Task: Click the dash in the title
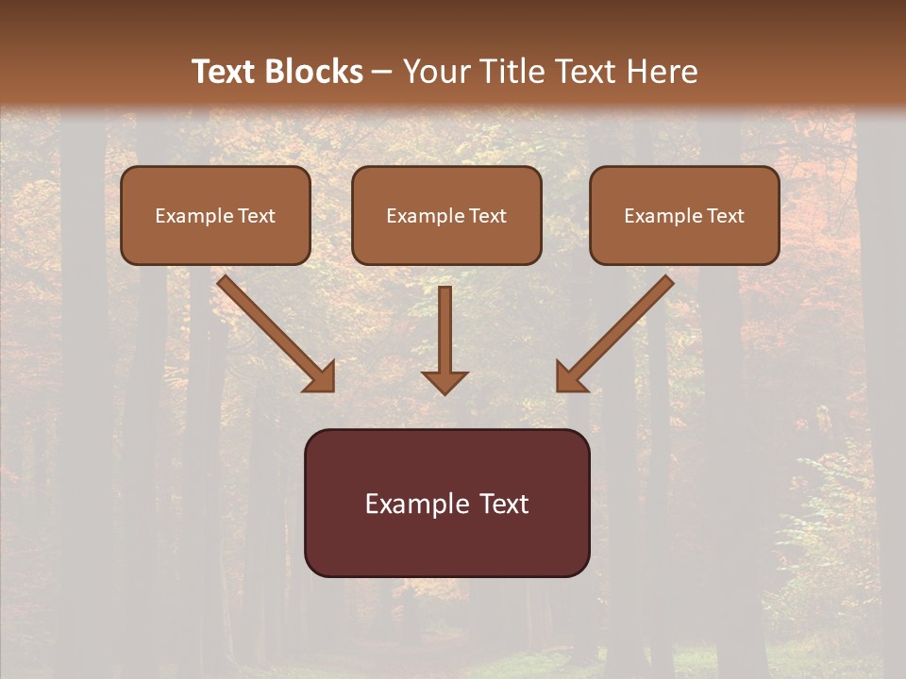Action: pyautogui.click(x=383, y=73)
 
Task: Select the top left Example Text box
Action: pyautogui.click(x=215, y=215)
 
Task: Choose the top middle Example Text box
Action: pyautogui.click(x=446, y=215)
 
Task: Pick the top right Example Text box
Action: pyautogui.click(x=684, y=215)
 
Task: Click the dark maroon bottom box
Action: pyautogui.click(x=446, y=503)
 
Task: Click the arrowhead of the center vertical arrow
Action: pyautogui.click(x=445, y=382)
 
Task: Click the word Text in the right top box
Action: pyautogui.click(x=726, y=216)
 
